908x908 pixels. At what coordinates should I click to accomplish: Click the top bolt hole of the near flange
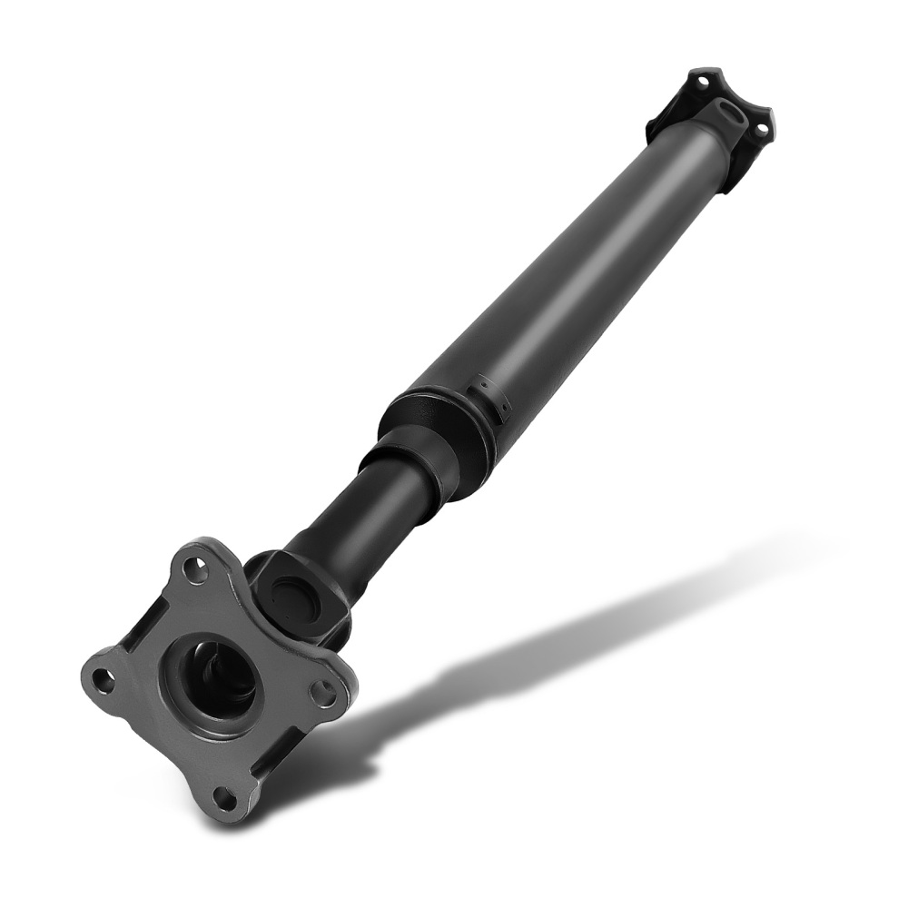pos(192,571)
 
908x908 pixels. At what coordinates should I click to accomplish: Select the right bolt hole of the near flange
pos(321,694)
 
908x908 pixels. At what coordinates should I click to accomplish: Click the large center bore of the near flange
pos(218,681)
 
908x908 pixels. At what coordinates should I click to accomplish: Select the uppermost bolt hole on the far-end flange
pos(702,82)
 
